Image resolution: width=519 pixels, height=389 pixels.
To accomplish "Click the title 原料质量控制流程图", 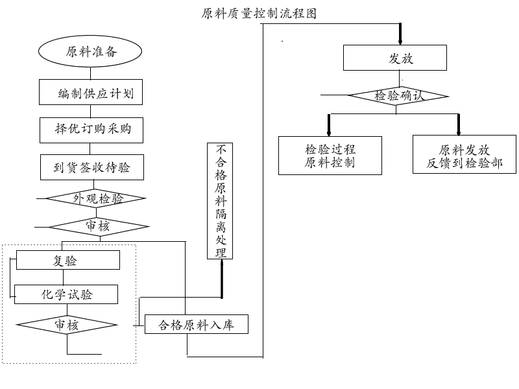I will (259, 14).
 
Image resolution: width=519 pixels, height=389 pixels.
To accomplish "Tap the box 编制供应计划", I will (91, 93).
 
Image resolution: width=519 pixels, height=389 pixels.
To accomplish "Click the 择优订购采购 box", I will (91, 130).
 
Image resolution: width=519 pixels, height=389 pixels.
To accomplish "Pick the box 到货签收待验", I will (91, 168).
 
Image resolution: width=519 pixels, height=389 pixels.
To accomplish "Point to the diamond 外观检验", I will (96, 198).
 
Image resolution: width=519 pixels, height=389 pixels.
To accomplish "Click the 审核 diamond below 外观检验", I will (99, 226).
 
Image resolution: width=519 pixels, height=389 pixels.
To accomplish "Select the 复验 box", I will (67, 261).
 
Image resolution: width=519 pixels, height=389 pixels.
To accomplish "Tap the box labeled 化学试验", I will (66, 295).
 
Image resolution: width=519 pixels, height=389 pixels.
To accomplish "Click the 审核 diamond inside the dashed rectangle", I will (67, 325).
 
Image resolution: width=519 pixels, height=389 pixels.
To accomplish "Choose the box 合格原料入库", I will (196, 325).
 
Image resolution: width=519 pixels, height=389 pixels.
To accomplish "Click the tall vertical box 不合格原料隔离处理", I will (220, 201).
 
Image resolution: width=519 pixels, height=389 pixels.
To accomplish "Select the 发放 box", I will (394, 60).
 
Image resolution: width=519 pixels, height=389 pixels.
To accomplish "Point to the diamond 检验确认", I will (398, 96).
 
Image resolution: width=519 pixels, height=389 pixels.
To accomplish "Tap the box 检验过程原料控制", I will (330, 156).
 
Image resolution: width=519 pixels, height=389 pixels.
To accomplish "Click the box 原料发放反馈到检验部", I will (464, 156).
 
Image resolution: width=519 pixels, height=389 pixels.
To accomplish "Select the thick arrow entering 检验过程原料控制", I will (329, 124).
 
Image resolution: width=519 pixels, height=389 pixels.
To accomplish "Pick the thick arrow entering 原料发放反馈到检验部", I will (459, 124).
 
